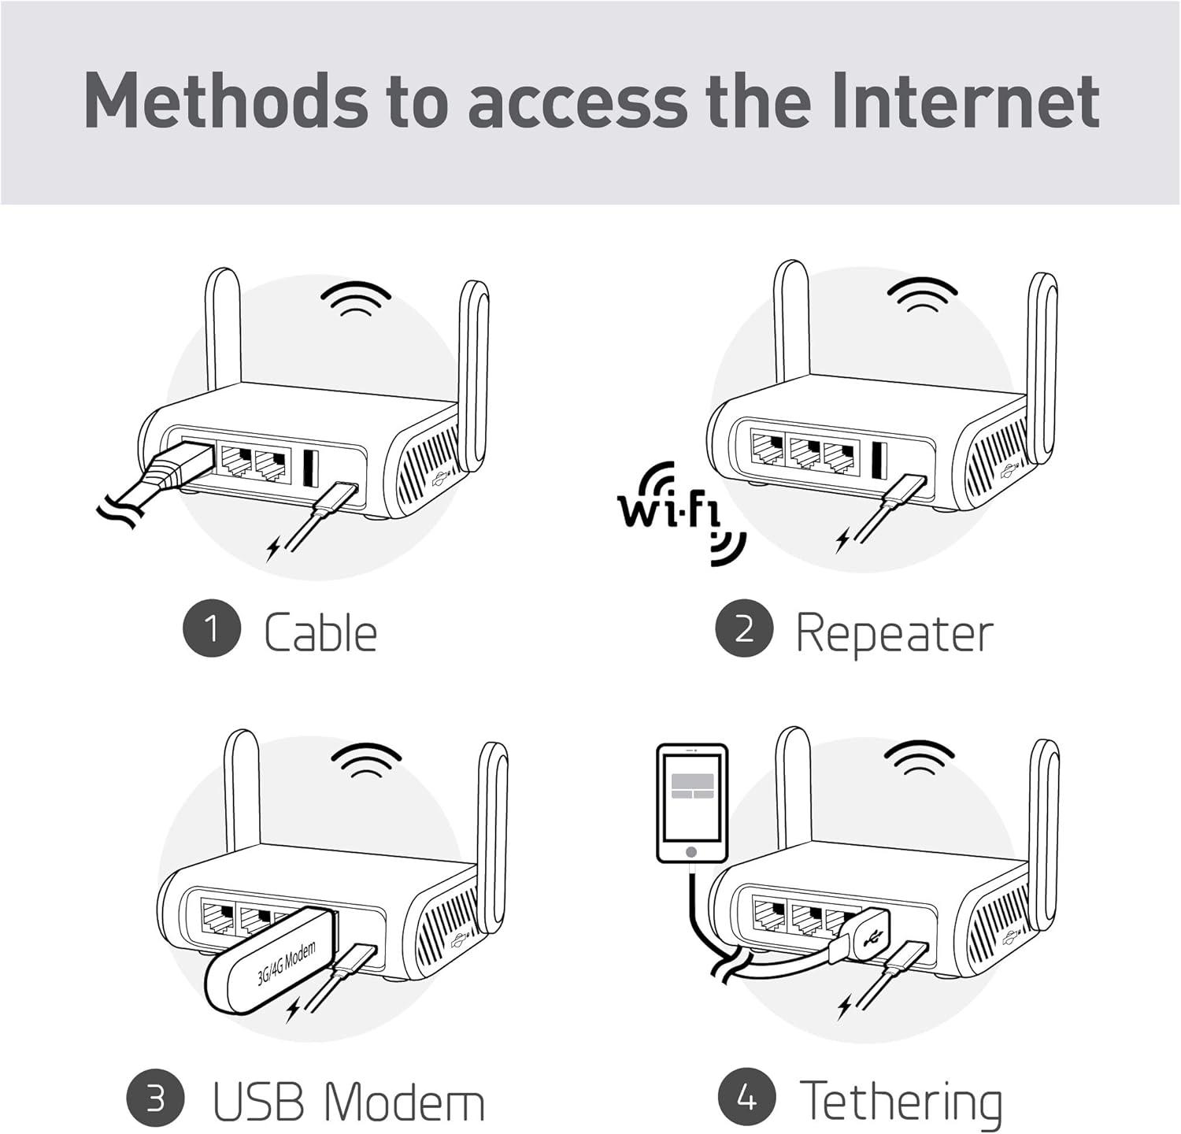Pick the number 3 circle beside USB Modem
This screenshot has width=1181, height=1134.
click(155, 1099)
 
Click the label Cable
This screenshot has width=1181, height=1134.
click(320, 632)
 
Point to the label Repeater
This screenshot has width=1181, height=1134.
click(894, 634)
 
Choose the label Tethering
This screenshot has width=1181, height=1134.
click(901, 1101)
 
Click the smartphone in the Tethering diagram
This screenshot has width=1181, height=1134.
click(691, 803)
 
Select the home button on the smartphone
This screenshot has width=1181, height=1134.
click(691, 852)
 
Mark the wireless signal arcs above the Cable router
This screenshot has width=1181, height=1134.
click(356, 300)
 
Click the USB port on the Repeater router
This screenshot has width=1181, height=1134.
click(879, 460)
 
